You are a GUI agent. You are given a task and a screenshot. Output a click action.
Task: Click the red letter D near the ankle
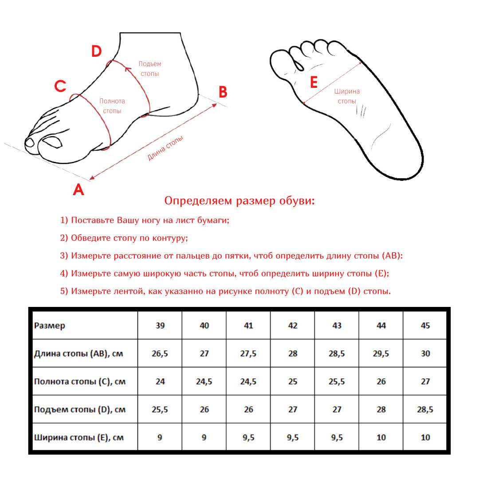pos(97,51)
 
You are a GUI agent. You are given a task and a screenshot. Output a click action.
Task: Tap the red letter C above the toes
pos(60,86)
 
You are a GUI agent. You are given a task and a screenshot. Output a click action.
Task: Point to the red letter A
pos(79,190)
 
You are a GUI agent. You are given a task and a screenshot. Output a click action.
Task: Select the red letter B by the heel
pos(223,92)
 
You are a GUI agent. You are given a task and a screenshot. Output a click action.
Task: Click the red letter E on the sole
pos(314,82)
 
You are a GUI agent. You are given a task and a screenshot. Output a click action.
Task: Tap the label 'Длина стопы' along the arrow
pos(165,148)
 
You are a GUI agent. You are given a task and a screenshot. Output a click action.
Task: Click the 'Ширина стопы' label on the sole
pos(347,96)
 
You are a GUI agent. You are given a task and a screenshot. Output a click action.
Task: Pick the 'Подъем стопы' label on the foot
pos(150,69)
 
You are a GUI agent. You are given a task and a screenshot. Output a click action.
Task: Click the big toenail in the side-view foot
pos(52,142)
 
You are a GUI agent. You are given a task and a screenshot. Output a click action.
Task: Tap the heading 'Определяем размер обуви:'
pos(239,201)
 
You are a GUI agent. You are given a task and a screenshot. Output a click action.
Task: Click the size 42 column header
pos(293,326)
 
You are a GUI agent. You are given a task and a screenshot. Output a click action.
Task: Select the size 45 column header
pos(425,326)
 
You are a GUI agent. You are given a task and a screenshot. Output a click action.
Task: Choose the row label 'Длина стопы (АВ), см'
pos(79,354)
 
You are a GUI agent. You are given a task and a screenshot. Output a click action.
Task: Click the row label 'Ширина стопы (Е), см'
pos(79,438)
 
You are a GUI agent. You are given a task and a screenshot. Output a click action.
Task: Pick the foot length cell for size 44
pos(381,354)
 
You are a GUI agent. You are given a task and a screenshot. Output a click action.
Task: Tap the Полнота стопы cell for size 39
pos(160,381)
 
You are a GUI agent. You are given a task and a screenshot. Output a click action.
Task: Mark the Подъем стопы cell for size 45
pos(425,410)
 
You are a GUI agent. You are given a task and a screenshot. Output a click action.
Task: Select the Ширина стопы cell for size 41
pos(248,438)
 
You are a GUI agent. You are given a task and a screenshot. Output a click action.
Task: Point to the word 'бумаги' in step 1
pos(213,220)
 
